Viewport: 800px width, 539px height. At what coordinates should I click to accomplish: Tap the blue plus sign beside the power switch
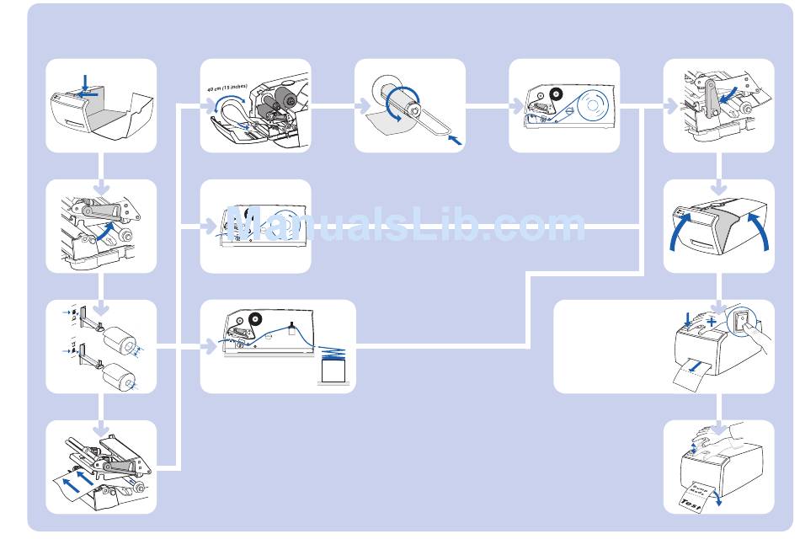(712, 323)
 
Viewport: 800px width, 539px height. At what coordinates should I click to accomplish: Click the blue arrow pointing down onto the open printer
(84, 83)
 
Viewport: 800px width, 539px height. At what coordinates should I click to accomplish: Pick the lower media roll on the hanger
(120, 378)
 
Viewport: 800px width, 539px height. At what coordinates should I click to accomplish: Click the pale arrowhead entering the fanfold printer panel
(210, 346)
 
